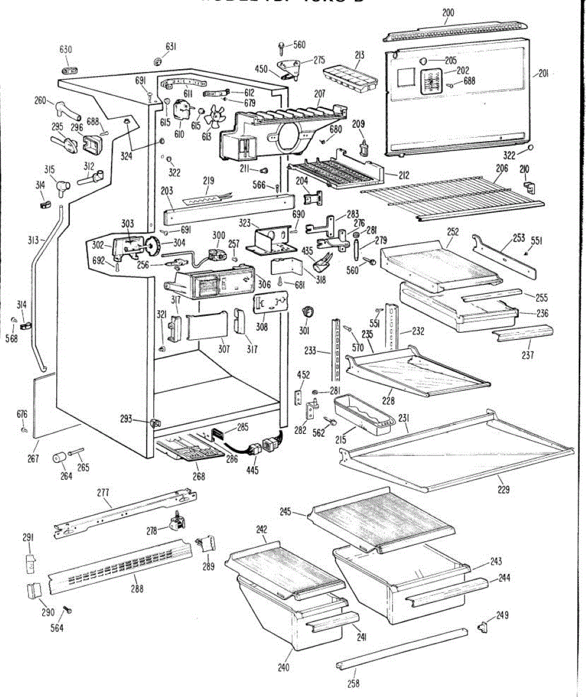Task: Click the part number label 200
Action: click(x=448, y=13)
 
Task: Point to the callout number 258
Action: click(x=354, y=684)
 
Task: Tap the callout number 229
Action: click(x=504, y=490)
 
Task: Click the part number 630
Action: click(x=66, y=49)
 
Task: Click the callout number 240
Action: click(x=283, y=667)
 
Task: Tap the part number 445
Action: click(x=253, y=470)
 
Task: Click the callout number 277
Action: click(x=103, y=493)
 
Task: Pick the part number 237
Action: click(x=527, y=355)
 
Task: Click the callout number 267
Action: click(x=33, y=459)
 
